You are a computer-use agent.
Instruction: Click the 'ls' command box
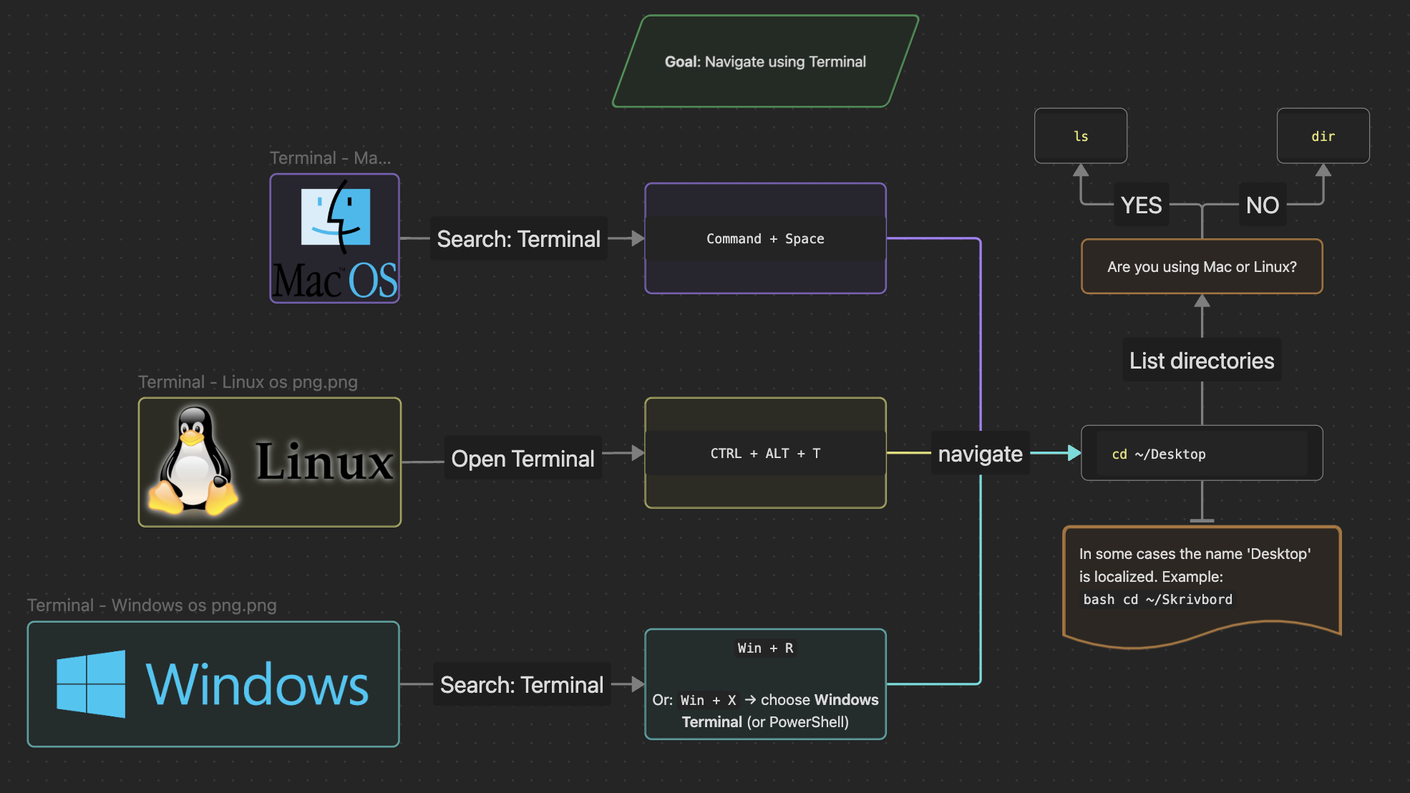pos(1081,136)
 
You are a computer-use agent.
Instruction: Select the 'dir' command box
pos(1323,136)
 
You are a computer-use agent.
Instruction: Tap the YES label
pos(1141,205)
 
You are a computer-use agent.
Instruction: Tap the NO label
pos(1262,205)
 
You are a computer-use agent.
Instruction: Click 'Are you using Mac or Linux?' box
pos(1202,267)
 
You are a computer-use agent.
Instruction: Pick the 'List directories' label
pos(1202,361)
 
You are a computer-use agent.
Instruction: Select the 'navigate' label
pos(980,454)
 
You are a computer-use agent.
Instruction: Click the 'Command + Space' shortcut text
pos(765,239)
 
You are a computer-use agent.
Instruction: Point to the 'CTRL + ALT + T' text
pos(765,454)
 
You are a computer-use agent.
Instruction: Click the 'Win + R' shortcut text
pos(765,648)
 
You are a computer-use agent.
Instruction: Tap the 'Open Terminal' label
pos(522,459)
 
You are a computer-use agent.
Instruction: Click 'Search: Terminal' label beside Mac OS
pos(518,239)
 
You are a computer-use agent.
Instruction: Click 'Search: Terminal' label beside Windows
pos(522,685)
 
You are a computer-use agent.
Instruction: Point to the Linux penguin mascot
pos(192,462)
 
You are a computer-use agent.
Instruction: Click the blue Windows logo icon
pos(91,683)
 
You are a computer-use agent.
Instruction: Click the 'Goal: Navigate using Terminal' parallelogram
pos(765,62)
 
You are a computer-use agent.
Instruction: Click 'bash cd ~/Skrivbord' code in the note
pos(1157,600)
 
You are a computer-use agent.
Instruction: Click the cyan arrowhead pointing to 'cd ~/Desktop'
pos(1074,453)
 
